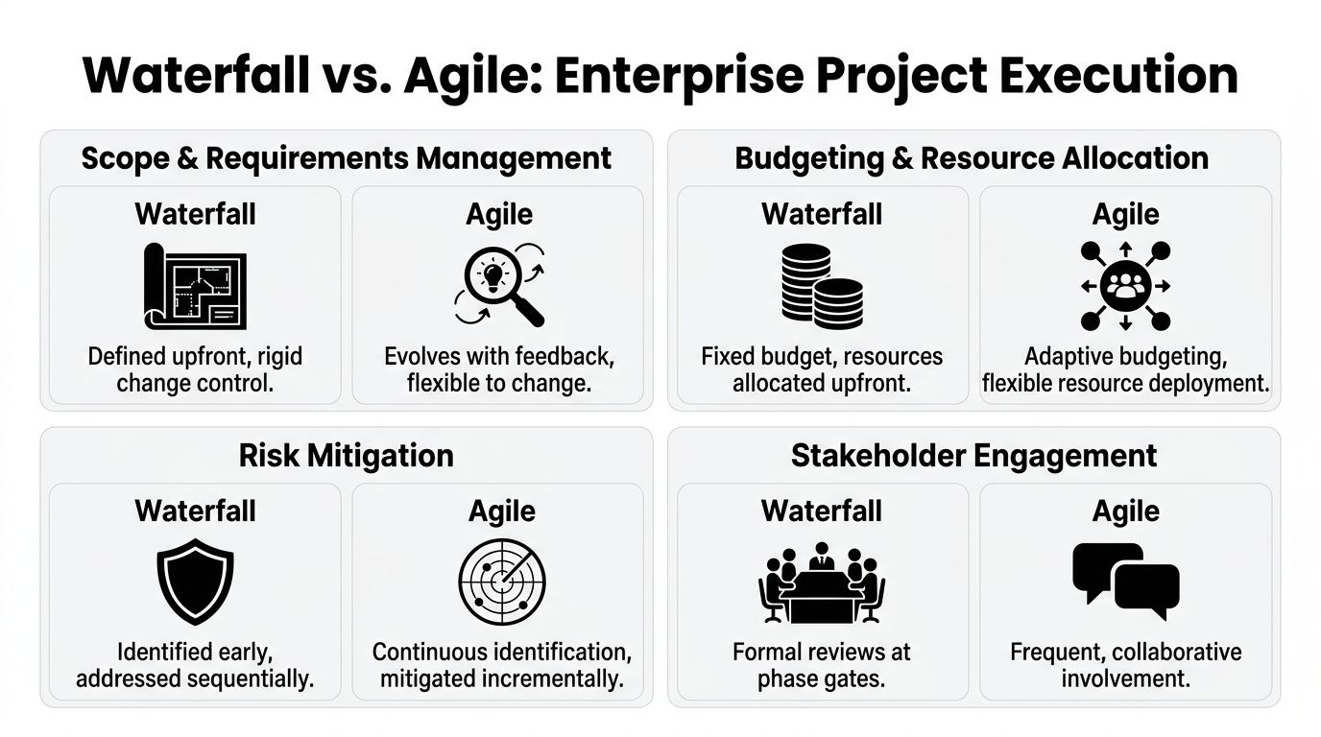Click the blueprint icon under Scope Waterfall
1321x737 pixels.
(195, 285)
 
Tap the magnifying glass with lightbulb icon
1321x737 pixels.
(498, 285)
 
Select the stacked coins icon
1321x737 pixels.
(821, 285)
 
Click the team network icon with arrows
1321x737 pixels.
(1125, 285)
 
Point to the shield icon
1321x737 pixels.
(195, 582)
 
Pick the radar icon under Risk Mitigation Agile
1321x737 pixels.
(498, 582)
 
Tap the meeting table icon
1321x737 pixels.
(822, 582)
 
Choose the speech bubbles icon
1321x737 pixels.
(1125, 582)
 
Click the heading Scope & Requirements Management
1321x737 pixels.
(346, 157)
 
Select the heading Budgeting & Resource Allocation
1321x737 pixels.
(972, 157)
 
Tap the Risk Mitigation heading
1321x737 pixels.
(346, 455)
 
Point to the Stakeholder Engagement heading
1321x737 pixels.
(973, 455)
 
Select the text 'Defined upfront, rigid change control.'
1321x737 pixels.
(195, 370)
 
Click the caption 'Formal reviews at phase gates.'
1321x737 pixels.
(821, 665)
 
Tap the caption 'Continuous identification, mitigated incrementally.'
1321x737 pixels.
(501, 665)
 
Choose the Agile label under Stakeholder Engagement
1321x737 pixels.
(1125, 511)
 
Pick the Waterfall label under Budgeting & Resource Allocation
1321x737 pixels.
(822, 213)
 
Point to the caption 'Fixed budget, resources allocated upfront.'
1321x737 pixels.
(822, 370)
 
